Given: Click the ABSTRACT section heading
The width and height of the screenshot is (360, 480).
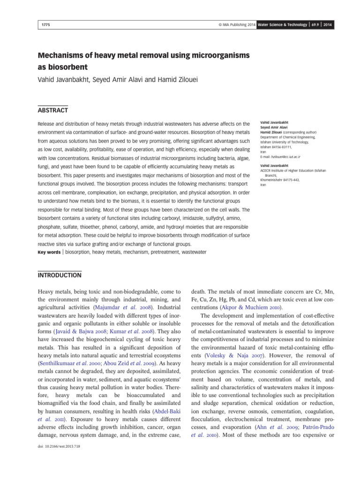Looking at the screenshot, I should (53, 110).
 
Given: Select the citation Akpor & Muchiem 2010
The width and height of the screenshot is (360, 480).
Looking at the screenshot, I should (242, 306).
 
